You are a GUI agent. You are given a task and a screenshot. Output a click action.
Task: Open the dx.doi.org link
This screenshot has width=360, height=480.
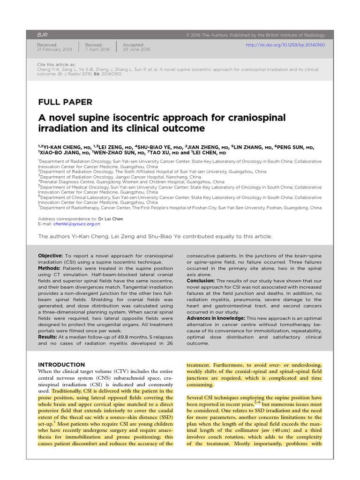[285, 45]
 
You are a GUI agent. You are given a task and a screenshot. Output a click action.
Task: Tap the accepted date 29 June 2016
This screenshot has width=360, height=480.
[136, 49]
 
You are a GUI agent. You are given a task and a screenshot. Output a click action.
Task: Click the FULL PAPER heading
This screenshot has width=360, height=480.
[65, 102]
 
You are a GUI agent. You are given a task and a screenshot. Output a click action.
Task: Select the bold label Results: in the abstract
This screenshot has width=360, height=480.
[49, 337]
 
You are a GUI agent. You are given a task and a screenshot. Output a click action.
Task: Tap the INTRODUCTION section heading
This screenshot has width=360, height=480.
[61, 365]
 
